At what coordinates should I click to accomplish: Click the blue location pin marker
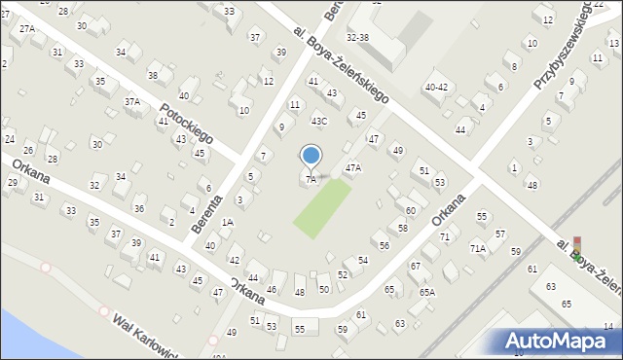click(311, 156)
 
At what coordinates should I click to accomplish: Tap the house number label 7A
click(311, 179)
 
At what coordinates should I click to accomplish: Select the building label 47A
click(352, 167)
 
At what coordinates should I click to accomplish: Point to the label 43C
click(318, 122)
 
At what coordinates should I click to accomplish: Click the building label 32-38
click(357, 37)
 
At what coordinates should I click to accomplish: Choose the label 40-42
click(436, 87)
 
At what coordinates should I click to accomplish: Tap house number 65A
click(426, 292)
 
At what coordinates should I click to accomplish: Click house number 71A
click(477, 248)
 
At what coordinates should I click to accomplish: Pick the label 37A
click(131, 101)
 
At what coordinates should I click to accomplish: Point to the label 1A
click(227, 223)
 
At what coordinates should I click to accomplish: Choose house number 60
click(411, 210)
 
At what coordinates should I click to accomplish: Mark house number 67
click(415, 266)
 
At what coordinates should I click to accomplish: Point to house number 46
click(272, 290)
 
